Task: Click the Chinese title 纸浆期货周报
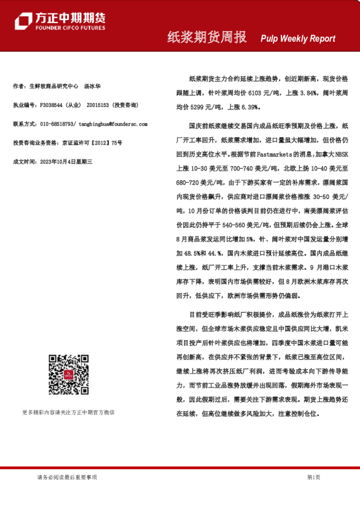[207, 37]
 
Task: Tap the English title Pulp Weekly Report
[298, 39]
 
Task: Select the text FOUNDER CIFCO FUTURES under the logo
[70, 28]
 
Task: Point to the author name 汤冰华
[93, 86]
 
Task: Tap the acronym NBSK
[340, 154]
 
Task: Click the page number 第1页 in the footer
[313, 477]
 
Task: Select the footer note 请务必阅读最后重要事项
[67, 477]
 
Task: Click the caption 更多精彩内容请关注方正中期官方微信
[68, 412]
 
